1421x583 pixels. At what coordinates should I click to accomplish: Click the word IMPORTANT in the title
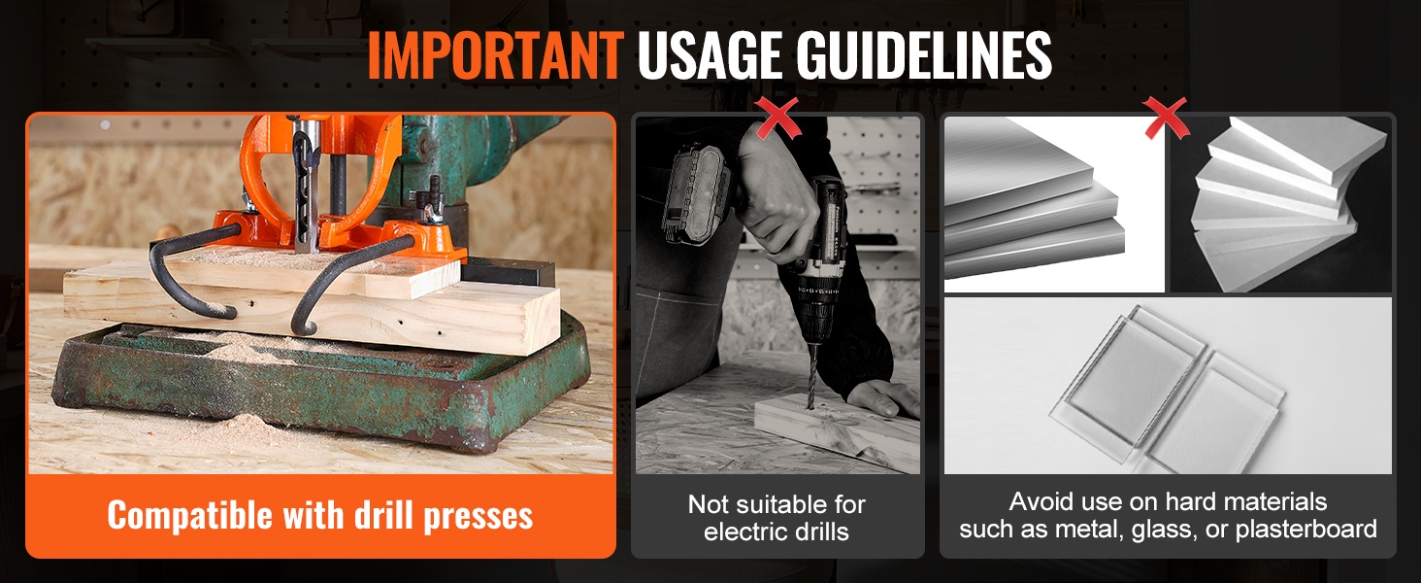click(495, 55)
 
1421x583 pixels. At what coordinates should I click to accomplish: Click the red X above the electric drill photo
click(777, 118)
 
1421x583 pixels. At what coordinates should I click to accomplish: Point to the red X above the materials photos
click(1167, 119)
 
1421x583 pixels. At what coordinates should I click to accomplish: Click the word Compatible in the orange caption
click(191, 516)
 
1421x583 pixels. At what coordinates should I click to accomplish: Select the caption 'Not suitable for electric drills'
click(777, 518)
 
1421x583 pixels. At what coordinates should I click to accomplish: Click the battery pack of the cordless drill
click(696, 194)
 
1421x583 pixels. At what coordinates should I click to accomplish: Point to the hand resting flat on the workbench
click(881, 397)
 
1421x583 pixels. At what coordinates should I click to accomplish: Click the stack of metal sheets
click(1034, 203)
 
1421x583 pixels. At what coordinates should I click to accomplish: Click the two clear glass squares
click(1168, 391)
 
